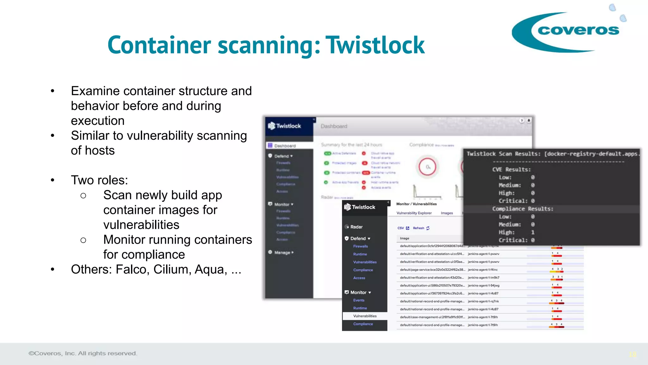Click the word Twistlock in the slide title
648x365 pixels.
[x=375, y=45]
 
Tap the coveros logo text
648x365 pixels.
[x=578, y=30]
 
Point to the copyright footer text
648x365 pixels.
[x=83, y=353]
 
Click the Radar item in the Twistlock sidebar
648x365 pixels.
[x=356, y=227]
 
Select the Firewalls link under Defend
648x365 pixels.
[x=360, y=246]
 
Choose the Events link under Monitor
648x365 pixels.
[x=359, y=300]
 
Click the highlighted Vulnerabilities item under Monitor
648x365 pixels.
[x=365, y=316]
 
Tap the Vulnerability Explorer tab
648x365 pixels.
[x=414, y=213]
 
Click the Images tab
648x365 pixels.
[x=447, y=213]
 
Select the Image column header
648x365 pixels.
[x=404, y=238]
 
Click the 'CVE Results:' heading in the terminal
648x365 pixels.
[x=511, y=170]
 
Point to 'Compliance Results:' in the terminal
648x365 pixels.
[x=523, y=209]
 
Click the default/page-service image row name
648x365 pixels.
[x=432, y=270]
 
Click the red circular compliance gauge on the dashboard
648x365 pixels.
[x=427, y=167]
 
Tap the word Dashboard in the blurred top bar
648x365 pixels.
[x=334, y=126]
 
